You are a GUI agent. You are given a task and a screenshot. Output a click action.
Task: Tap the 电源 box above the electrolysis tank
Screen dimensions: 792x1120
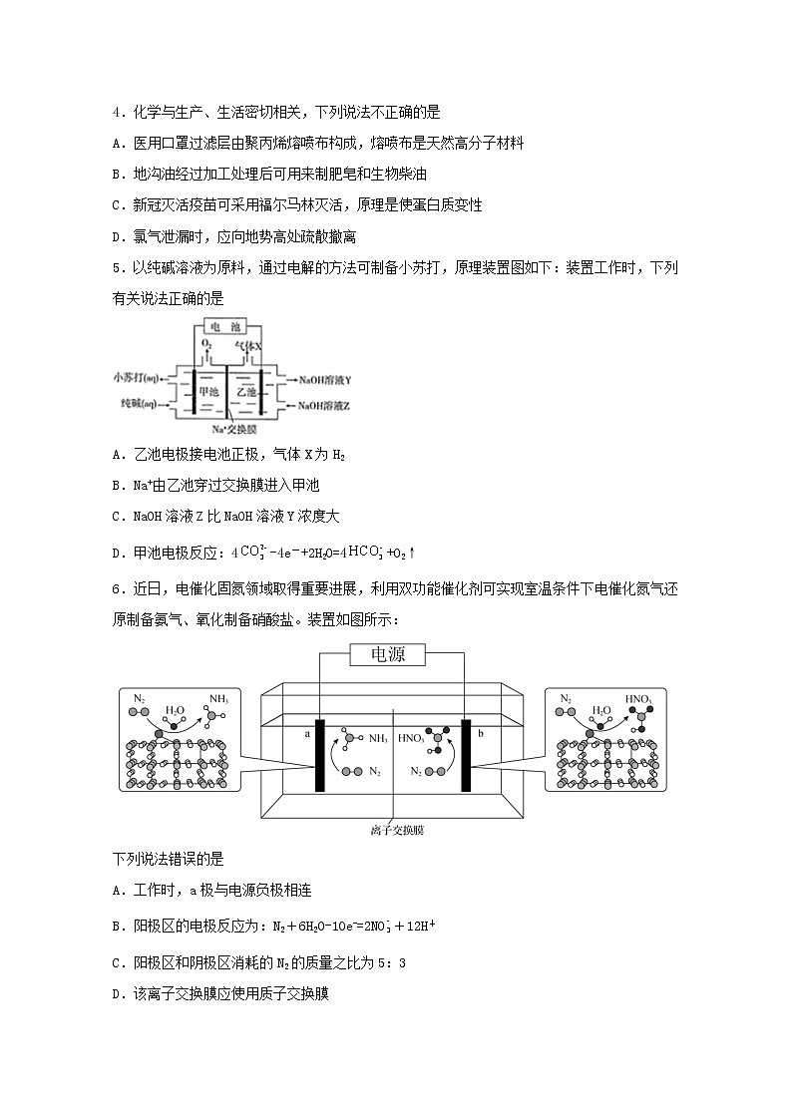click(386, 654)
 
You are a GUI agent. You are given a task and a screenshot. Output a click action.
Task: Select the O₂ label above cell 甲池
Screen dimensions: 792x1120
click(206, 345)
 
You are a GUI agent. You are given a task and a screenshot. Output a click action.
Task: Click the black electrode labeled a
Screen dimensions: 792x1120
click(320, 755)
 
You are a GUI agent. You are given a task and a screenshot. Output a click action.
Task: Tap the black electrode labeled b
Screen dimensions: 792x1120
click(466, 755)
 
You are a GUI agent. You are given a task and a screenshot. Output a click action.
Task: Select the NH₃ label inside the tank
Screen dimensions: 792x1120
click(378, 739)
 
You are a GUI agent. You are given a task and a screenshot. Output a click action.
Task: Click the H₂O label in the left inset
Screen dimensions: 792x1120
click(175, 711)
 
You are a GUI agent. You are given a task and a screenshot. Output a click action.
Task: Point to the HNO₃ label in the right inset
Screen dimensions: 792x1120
click(637, 699)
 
